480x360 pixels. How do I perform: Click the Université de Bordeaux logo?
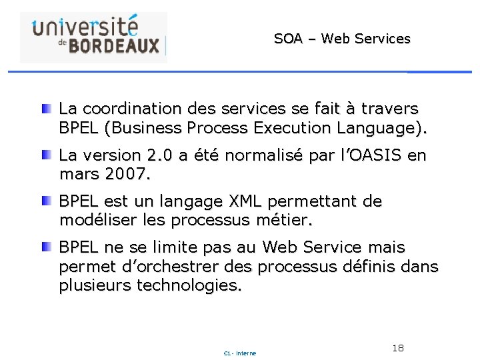coord(93,37)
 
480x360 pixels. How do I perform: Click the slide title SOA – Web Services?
coord(342,39)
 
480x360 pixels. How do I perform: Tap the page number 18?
coord(399,348)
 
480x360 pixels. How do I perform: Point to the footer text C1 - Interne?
coord(240,353)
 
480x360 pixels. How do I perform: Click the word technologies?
coord(190,286)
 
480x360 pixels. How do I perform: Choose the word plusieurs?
coord(95,286)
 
